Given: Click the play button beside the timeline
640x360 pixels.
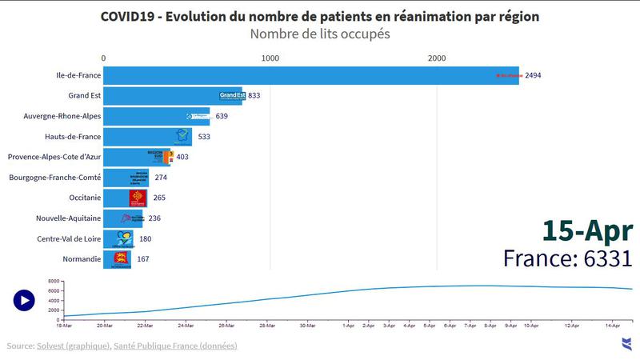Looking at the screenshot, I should pos(24,300).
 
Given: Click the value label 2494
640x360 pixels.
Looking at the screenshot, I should pos(534,75).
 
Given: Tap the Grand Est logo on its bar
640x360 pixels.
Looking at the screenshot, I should pos(231,96).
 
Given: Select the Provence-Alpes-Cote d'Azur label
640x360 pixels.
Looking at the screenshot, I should pos(54,157).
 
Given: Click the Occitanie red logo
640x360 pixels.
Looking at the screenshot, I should pos(138,198).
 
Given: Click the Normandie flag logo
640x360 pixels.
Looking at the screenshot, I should pos(121,258).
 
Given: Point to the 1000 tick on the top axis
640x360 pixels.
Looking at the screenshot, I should pos(270,58).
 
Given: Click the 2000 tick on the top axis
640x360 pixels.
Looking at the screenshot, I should pos(437,58).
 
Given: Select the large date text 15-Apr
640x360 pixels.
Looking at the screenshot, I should pos(587,230).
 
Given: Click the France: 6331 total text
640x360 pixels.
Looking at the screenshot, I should pos(568,258).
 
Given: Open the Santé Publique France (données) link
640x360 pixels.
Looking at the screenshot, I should pos(175,346).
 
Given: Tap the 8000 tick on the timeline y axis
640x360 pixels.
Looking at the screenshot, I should pos(54,282).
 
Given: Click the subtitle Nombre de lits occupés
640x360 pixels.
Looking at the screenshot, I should pos(320,34).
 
